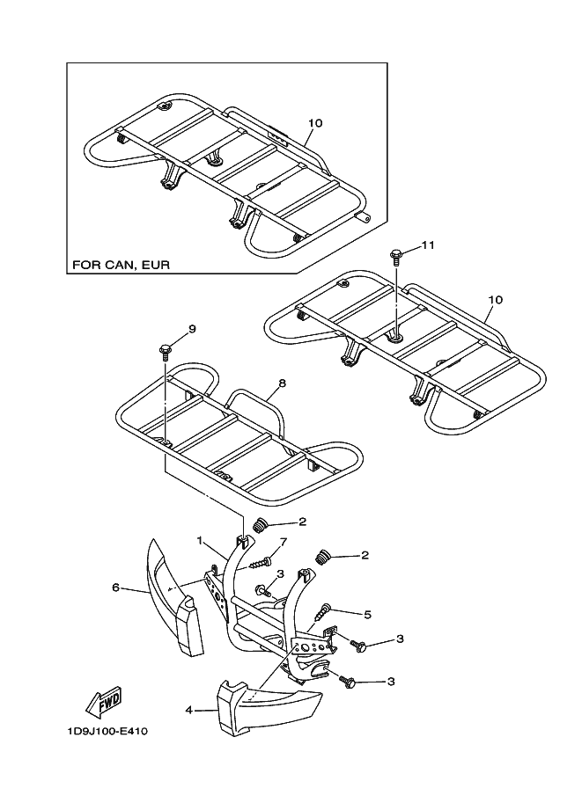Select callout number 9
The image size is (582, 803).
(x=191, y=329)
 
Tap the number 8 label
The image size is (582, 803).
(x=282, y=383)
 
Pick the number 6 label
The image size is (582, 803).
(x=115, y=588)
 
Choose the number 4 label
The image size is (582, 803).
(x=188, y=708)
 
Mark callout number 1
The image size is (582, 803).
(x=200, y=539)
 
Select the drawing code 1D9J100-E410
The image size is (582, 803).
(x=107, y=731)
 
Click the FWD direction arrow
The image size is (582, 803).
(x=102, y=702)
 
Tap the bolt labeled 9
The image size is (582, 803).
(x=165, y=350)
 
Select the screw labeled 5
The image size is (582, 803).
(x=326, y=610)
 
